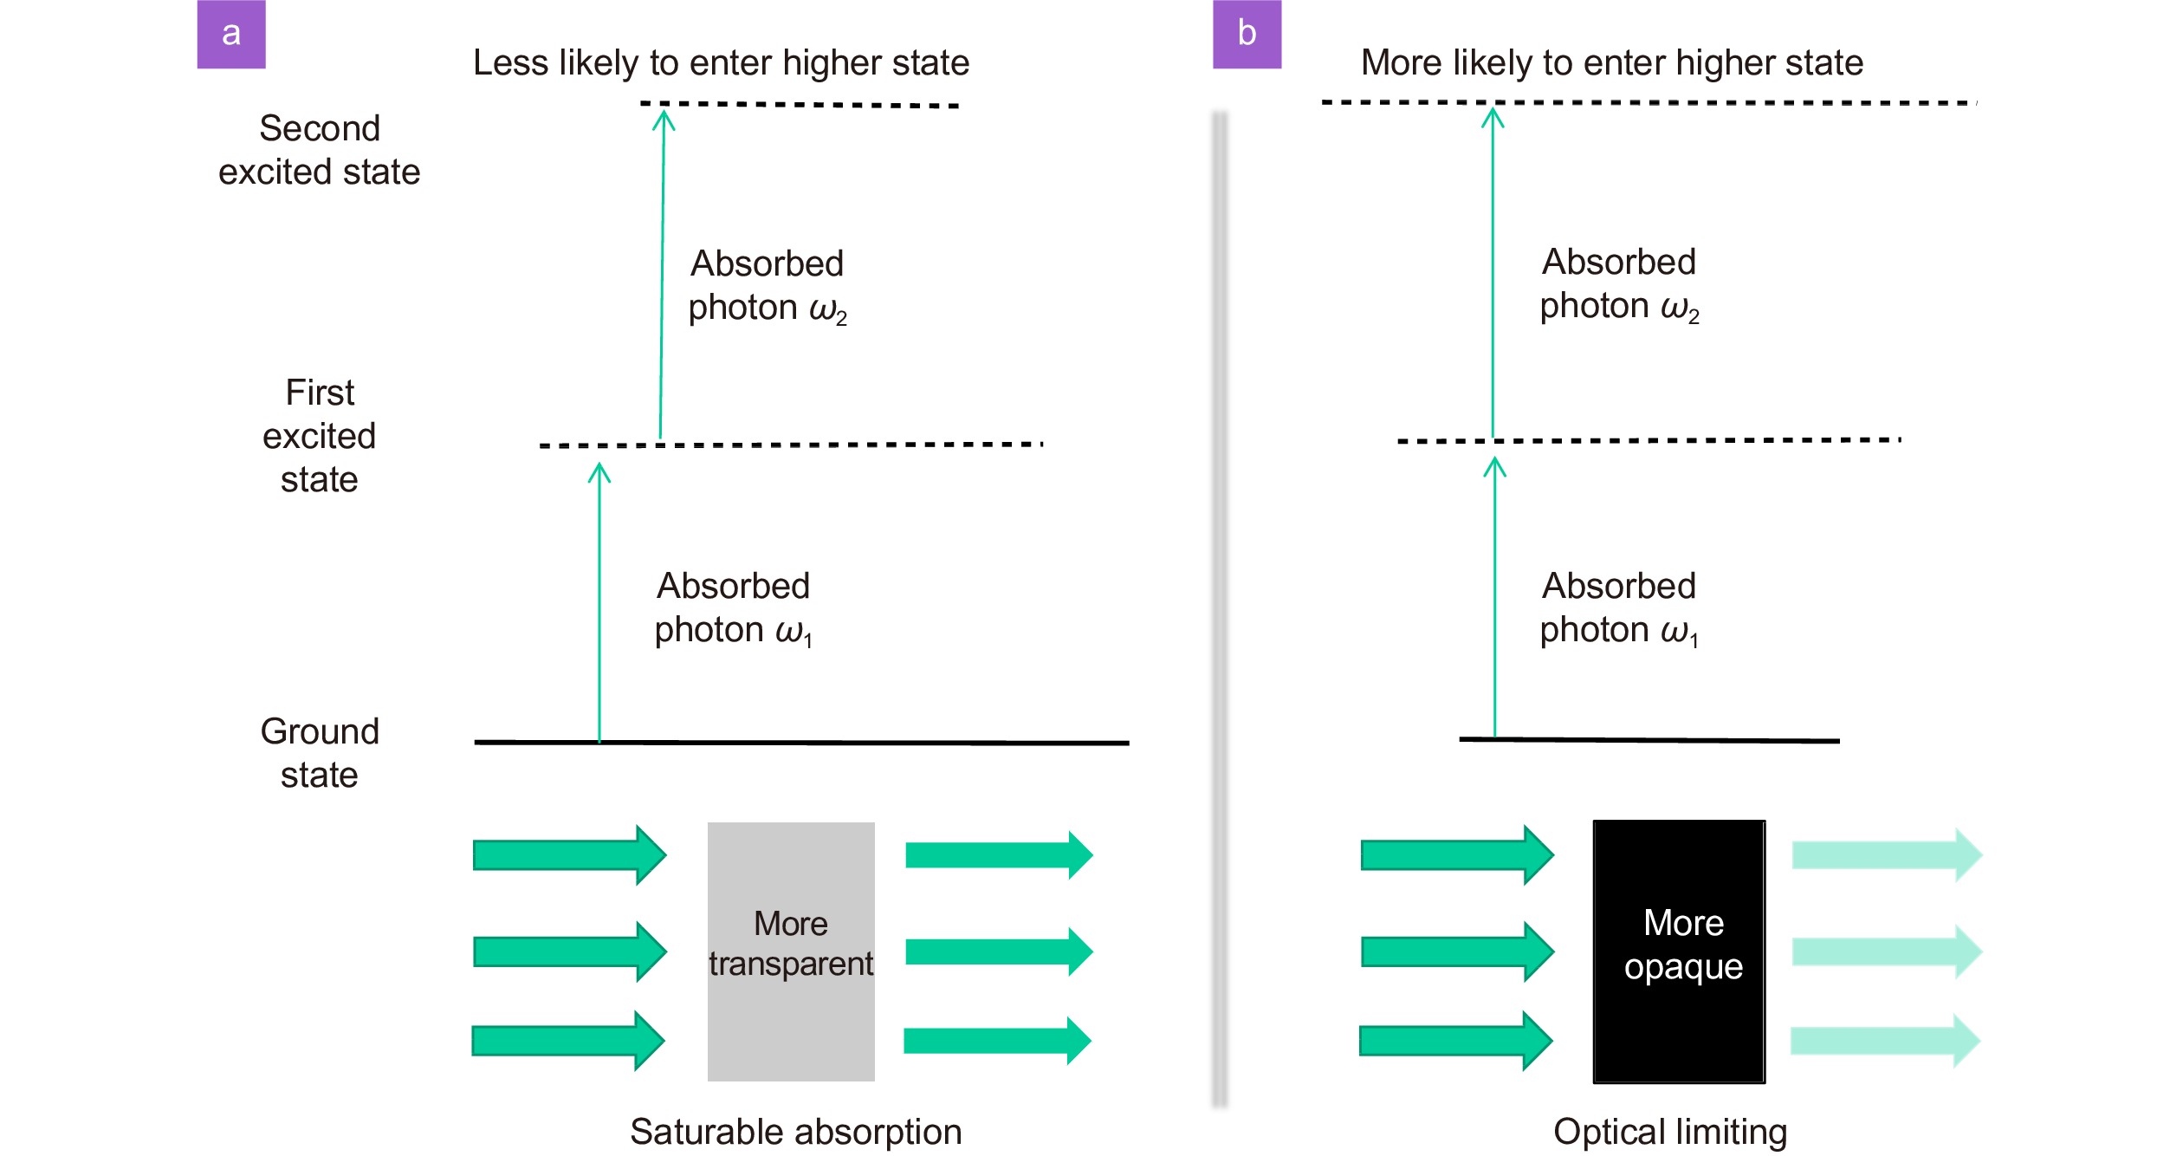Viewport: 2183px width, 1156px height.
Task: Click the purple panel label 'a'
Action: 231,34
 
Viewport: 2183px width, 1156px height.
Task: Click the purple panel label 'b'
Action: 1247,34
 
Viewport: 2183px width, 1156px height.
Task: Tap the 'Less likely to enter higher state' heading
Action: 721,63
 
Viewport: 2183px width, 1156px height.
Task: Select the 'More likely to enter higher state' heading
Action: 1612,63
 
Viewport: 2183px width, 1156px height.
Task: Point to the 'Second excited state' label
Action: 320,150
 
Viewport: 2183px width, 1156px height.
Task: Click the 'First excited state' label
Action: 320,436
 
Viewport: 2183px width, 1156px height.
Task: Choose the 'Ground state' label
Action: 320,753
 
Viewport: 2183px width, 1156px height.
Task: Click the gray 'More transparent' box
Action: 791,951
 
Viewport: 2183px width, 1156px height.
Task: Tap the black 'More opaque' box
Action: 1679,951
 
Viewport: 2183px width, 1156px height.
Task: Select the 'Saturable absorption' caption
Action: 795,1132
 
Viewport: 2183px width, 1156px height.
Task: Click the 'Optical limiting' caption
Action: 1670,1132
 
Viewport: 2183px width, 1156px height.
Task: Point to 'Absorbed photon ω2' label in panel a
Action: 768,286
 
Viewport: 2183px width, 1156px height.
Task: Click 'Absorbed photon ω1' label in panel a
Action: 734,608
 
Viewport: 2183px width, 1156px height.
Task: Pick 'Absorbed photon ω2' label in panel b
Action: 1619,284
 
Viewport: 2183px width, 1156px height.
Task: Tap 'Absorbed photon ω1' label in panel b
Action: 1619,608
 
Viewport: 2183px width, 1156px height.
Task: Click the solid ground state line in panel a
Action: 801,743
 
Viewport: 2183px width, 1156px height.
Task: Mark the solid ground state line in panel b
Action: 1649,740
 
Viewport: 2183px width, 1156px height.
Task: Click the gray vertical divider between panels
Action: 1220,609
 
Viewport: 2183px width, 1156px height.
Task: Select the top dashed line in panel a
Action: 800,105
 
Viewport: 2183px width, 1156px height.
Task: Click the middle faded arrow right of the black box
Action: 1887,951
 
